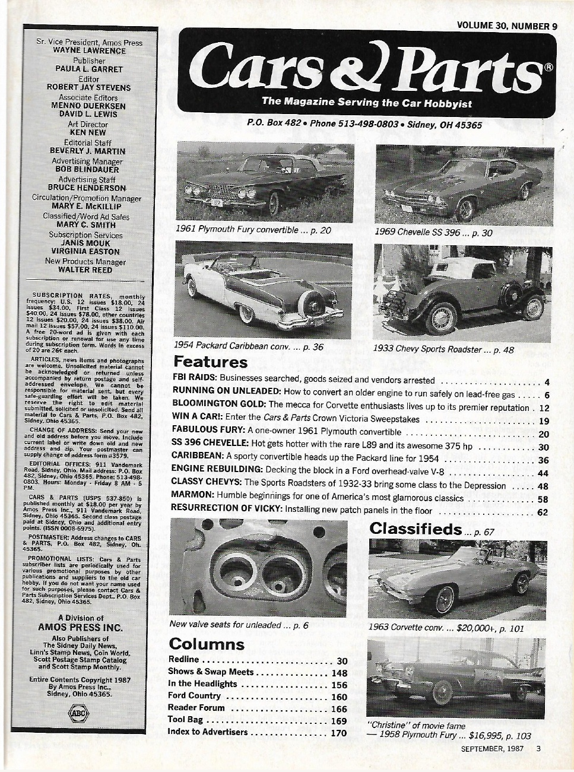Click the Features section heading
point(210,362)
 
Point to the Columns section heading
point(207,644)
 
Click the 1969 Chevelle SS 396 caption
point(433,233)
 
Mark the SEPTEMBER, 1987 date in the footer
point(492,749)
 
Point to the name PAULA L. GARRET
point(88,69)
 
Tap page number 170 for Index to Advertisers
point(338,733)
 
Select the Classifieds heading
point(416,529)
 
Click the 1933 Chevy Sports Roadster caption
point(443,350)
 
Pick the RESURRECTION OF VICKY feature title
point(226,510)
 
